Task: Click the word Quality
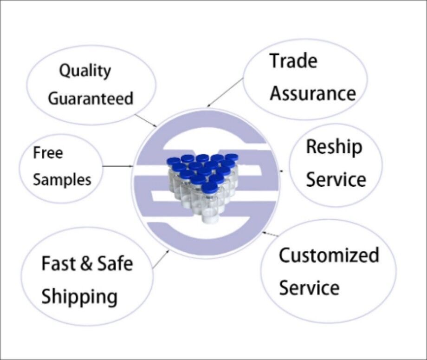point(85,71)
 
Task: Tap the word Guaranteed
point(91,98)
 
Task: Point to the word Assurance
point(313,93)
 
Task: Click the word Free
point(48,152)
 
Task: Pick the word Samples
point(62,180)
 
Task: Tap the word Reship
point(335,147)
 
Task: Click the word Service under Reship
point(336,179)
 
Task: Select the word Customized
point(329,255)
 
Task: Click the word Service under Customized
point(309,288)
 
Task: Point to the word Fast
point(58,263)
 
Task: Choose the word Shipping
point(79,297)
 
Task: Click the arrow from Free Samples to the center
point(118,166)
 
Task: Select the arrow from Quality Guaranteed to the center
point(146,120)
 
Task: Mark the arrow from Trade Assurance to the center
point(225,92)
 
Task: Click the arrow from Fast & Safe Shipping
point(161,260)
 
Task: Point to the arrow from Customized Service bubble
point(271,234)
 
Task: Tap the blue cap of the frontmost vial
point(209,188)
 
